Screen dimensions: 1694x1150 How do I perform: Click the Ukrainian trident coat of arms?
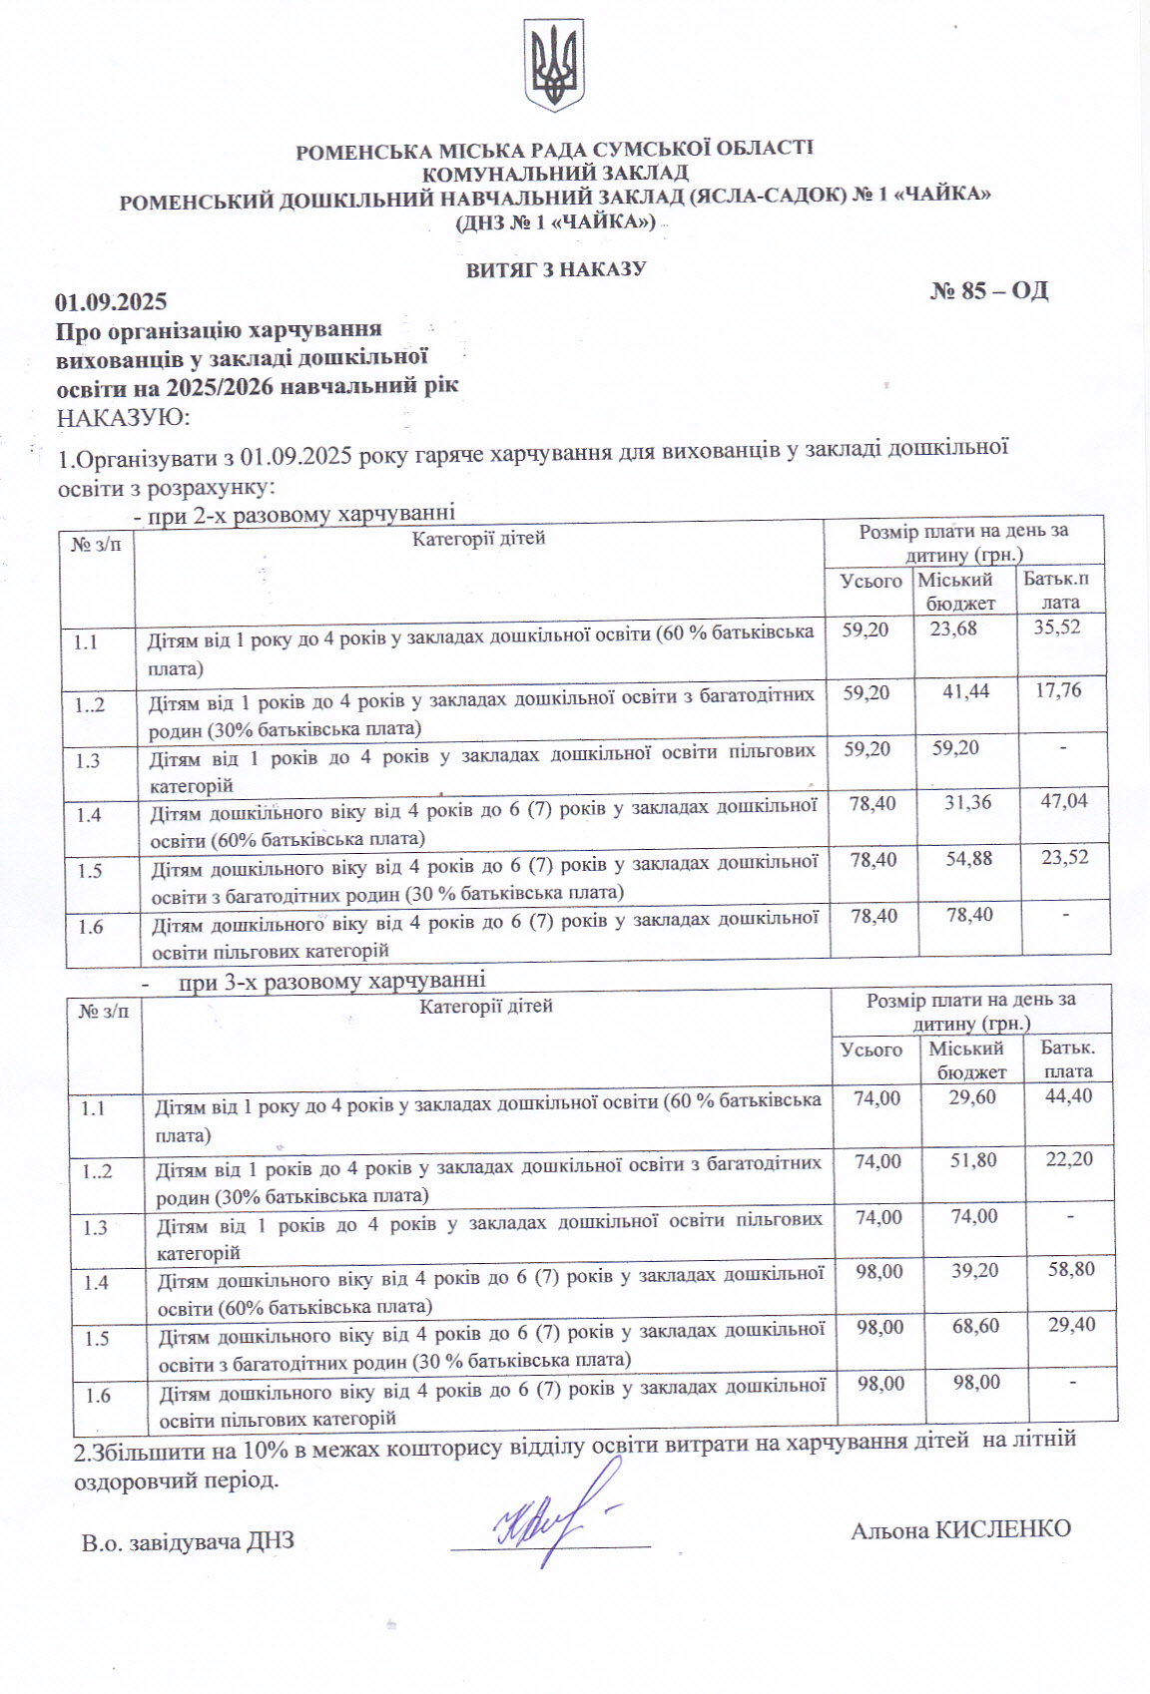click(x=554, y=65)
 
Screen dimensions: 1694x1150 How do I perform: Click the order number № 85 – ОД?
click(x=989, y=290)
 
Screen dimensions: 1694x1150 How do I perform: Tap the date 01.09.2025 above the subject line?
click(x=111, y=302)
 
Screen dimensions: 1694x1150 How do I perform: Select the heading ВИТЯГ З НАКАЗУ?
click(x=556, y=269)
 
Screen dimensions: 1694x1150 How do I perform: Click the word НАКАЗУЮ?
click(x=123, y=417)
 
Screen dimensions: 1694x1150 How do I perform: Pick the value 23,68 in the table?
click(x=953, y=629)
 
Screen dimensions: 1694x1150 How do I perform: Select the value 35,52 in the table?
click(x=1057, y=627)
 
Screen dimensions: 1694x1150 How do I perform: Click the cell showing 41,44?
click(x=965, y=690)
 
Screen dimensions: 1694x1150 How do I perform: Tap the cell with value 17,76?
click(x=1058, y=689)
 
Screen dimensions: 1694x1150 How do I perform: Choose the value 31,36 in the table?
click(x=967, y=801)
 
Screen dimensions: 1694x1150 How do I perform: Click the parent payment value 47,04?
click(x=1064, y=800)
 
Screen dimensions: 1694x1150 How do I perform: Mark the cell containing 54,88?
click(x=968, y=858)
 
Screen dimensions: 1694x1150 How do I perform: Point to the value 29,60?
click(x=972, y=1097)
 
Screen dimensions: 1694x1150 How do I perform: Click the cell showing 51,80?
click(x=973, y=1160)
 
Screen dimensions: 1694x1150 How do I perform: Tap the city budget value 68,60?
click(x=975, y=1326)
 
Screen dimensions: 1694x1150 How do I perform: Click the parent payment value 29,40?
click(x=1072, y=1325)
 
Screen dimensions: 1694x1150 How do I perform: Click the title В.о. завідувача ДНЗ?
click(x=188, y=1542)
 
